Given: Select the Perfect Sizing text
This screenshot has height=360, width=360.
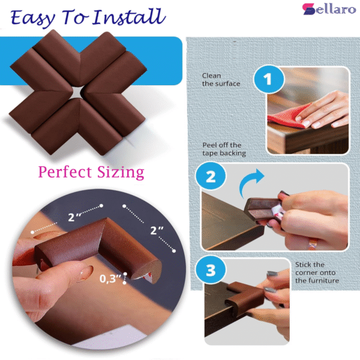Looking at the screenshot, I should tap(91, 172).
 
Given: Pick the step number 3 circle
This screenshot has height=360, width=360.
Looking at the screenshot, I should tap(211, 271).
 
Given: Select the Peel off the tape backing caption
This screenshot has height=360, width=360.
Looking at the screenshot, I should tap(223, 149).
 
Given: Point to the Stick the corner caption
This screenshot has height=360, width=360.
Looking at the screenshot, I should tap(317, 272).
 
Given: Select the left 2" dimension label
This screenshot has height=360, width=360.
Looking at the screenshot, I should tap(74, 217).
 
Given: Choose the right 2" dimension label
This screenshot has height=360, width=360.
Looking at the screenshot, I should tap(157, 230).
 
